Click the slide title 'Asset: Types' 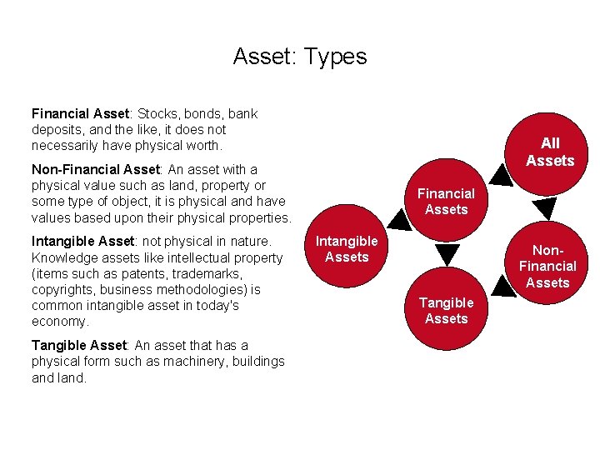[299, 57]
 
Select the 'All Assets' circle [550, 152]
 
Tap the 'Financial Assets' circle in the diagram [447, 201]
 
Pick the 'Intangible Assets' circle [347, 249]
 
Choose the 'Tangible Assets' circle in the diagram [447, 310]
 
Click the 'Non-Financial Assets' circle [548, 266]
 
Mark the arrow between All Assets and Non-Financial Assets [543, 208]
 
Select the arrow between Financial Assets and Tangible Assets [447, 256]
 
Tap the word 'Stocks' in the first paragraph [156, 113]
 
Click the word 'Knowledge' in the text [62, 257]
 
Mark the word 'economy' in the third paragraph [59, 322]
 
